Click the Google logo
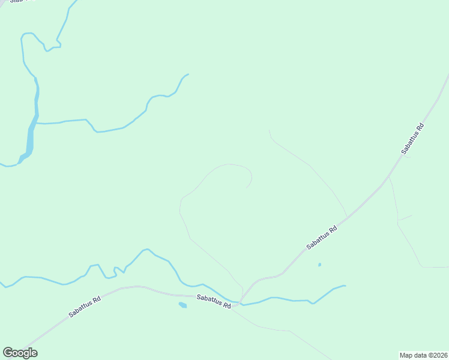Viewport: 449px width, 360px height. click(x=20, y=353)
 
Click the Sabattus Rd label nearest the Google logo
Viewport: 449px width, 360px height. click(x=84, y=305)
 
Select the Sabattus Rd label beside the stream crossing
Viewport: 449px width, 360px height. click(x=214, y=301)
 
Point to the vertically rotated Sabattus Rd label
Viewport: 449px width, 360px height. click(x=413, y=139)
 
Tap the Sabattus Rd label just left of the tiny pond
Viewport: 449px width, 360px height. click(x=321, y=237)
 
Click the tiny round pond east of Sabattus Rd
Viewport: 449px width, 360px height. click(x=319, y=265)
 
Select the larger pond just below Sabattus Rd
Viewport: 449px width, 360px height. click(x=182, y=305)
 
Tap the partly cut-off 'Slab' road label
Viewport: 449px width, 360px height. click(x=18, y=2)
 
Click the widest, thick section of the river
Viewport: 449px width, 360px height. click(x=29, y=141)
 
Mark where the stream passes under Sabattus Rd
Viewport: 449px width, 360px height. click(x=238, y=304)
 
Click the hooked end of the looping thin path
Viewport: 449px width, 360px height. click(x=247, y=187)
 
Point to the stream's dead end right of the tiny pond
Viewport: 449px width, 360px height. click(x=345, y=286)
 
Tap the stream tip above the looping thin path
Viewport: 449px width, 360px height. click(x=188, y=74)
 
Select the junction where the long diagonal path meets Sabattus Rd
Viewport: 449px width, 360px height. click(x=347, y=217)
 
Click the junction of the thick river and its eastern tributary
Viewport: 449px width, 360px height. click(x=35, y=123)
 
